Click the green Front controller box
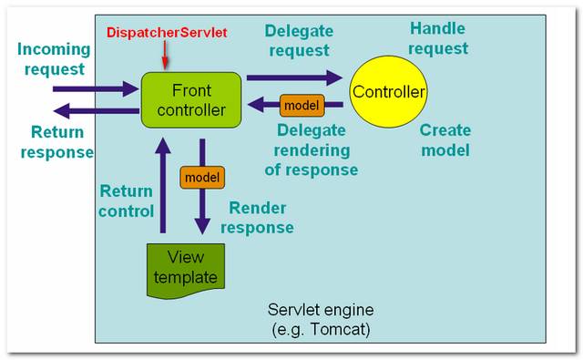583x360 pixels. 190,101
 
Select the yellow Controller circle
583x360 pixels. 390,92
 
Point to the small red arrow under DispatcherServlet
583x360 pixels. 164,57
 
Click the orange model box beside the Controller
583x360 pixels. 302,105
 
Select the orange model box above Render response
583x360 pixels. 201,176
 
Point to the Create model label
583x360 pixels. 445,139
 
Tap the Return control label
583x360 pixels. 127,201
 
